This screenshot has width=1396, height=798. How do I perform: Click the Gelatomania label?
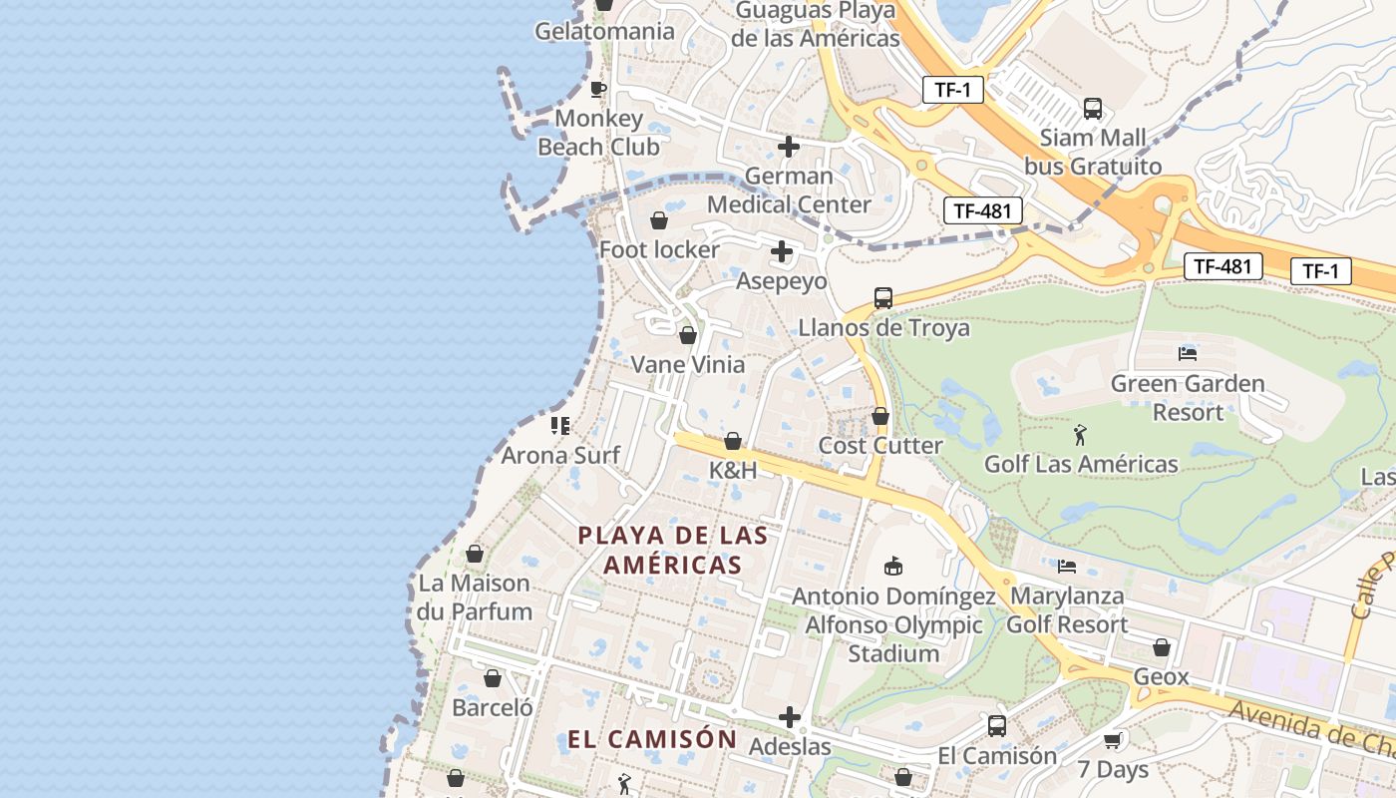click(604, 31)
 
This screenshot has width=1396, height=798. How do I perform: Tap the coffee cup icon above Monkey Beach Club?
click(598, 89)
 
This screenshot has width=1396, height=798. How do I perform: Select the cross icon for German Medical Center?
click(789, 147)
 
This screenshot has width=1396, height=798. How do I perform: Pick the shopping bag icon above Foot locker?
click(659, 220)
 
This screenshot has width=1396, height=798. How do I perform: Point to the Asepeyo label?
click(782, 281)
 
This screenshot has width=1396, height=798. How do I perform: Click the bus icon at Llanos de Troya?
click(883, 297)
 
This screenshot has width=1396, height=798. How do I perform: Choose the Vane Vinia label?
click(688, 365)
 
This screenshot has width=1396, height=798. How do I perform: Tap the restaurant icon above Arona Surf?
click(560, 426)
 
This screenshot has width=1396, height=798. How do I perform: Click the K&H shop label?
click(733, 470)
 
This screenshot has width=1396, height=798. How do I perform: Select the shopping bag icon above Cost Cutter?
click(879, 416)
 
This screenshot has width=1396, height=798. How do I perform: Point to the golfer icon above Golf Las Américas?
click(1081, 435)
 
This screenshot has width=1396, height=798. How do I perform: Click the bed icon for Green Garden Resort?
click(1187, 353)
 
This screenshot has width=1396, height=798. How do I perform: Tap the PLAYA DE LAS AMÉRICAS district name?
click(673, 550)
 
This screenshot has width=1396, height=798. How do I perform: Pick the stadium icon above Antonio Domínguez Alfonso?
click(893, 567)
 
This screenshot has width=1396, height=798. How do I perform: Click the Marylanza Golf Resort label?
click(1067, 610)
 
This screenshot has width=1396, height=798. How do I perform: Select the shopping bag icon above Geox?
click(1161, 648)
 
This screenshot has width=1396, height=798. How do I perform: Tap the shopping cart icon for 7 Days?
click(1113, 740)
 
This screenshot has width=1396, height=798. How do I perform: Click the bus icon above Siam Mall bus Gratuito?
click(1093, 109)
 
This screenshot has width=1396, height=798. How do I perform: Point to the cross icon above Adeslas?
click(790, 717)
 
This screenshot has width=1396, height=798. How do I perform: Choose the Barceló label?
click(493, 708)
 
